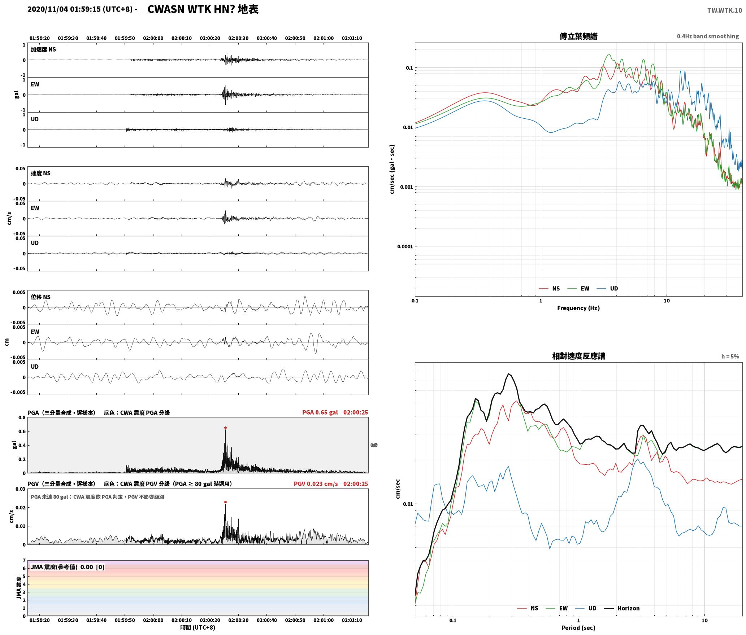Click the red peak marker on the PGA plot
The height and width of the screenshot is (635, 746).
pyautogui.click(x=225, y=428)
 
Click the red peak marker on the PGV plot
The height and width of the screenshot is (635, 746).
pyautogui.click(x=225, y=502)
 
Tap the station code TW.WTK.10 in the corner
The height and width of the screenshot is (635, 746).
pyautogui.click(x=724, y=10)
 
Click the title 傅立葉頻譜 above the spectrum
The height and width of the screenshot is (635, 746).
pyautogui.click(x=578, y=36)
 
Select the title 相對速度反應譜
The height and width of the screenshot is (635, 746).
pyautogui.click(x=578, y=356)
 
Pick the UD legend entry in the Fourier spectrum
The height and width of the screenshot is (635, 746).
pyautogui.click(x=607, y=288)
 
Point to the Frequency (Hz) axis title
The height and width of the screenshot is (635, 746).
pyautogui.click(x=578, y=308)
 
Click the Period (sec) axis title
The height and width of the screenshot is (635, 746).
pyautogui.click(x=578, y=627)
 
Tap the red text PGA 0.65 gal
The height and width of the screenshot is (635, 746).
pyautogui.click(x=320, y=412)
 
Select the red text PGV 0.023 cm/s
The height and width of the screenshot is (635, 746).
pyautogui.click(x=316, y=483)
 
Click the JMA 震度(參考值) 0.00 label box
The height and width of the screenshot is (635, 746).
pyautogui.click(x=68, y=567)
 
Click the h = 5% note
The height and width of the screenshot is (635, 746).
pyautogui.click(x=730, y=356)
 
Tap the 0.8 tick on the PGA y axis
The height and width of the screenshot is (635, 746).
pyautogui.click(x=22, y=417)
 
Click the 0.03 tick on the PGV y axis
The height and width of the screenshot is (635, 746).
pyautogui.click(x=20, y=489)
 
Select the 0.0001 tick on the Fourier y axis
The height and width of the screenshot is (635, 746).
pyautogui.click(x=405, y=246)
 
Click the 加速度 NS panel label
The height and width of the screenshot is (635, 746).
pyautogui.click(x=43, y=49)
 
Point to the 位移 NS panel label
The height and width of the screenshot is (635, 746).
pyautogui.click(x=40, y=297)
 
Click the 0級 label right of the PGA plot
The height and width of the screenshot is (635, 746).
pyautogui.click(x=374, y=445)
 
